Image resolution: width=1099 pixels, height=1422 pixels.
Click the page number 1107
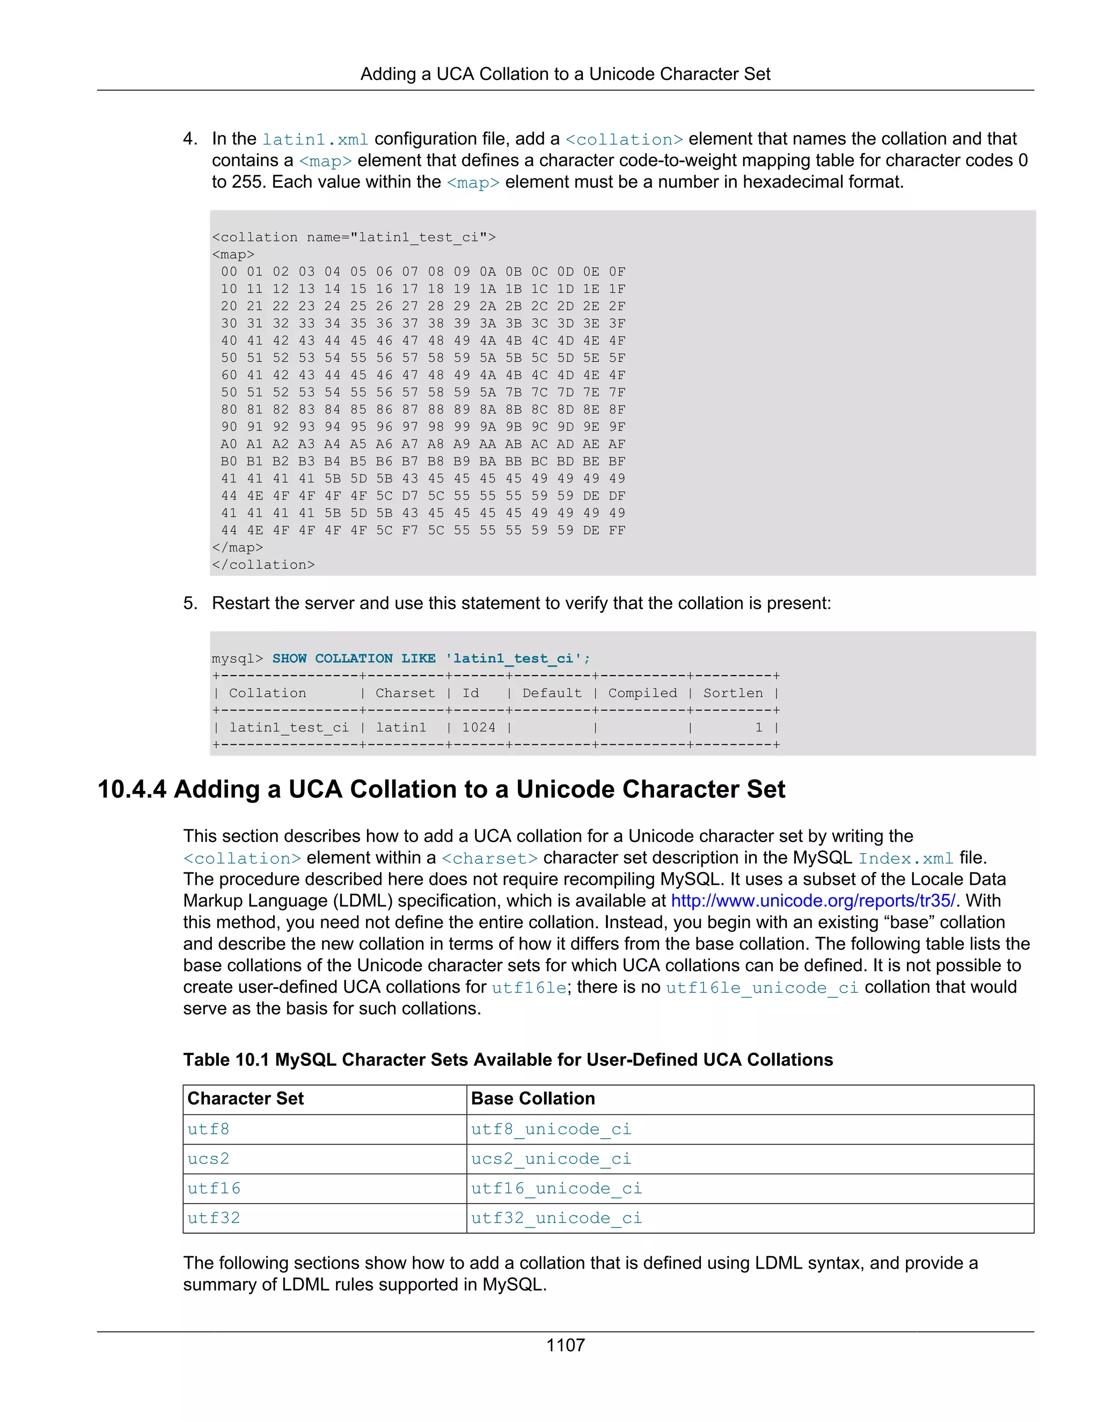point(565,1345)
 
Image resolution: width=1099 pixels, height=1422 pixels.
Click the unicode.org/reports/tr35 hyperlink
point(812,900)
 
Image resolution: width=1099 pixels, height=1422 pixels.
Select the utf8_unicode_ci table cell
point(551,1129)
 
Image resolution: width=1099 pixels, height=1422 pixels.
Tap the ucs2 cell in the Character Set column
point(208,1159)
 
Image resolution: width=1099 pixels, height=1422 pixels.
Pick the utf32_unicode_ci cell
point(556,1218)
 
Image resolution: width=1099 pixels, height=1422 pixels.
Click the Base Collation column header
point(532,1098)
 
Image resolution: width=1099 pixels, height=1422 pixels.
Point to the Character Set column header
point(245,1098)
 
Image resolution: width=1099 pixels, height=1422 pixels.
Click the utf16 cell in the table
point(214,1188)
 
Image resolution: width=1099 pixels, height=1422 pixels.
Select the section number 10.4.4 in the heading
point(131,789)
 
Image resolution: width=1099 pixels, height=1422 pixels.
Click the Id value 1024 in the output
point(479,727)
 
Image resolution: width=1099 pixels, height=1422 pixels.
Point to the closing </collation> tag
point(263,565)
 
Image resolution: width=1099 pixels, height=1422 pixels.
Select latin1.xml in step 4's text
point(315,140)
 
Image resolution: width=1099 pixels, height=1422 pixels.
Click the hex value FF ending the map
point(617,530)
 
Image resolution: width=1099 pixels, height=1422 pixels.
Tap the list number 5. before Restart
point(189,603)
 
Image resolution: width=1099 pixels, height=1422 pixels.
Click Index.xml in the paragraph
point(906,858)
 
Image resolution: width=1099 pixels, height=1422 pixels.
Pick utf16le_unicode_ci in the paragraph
point(762,988)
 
